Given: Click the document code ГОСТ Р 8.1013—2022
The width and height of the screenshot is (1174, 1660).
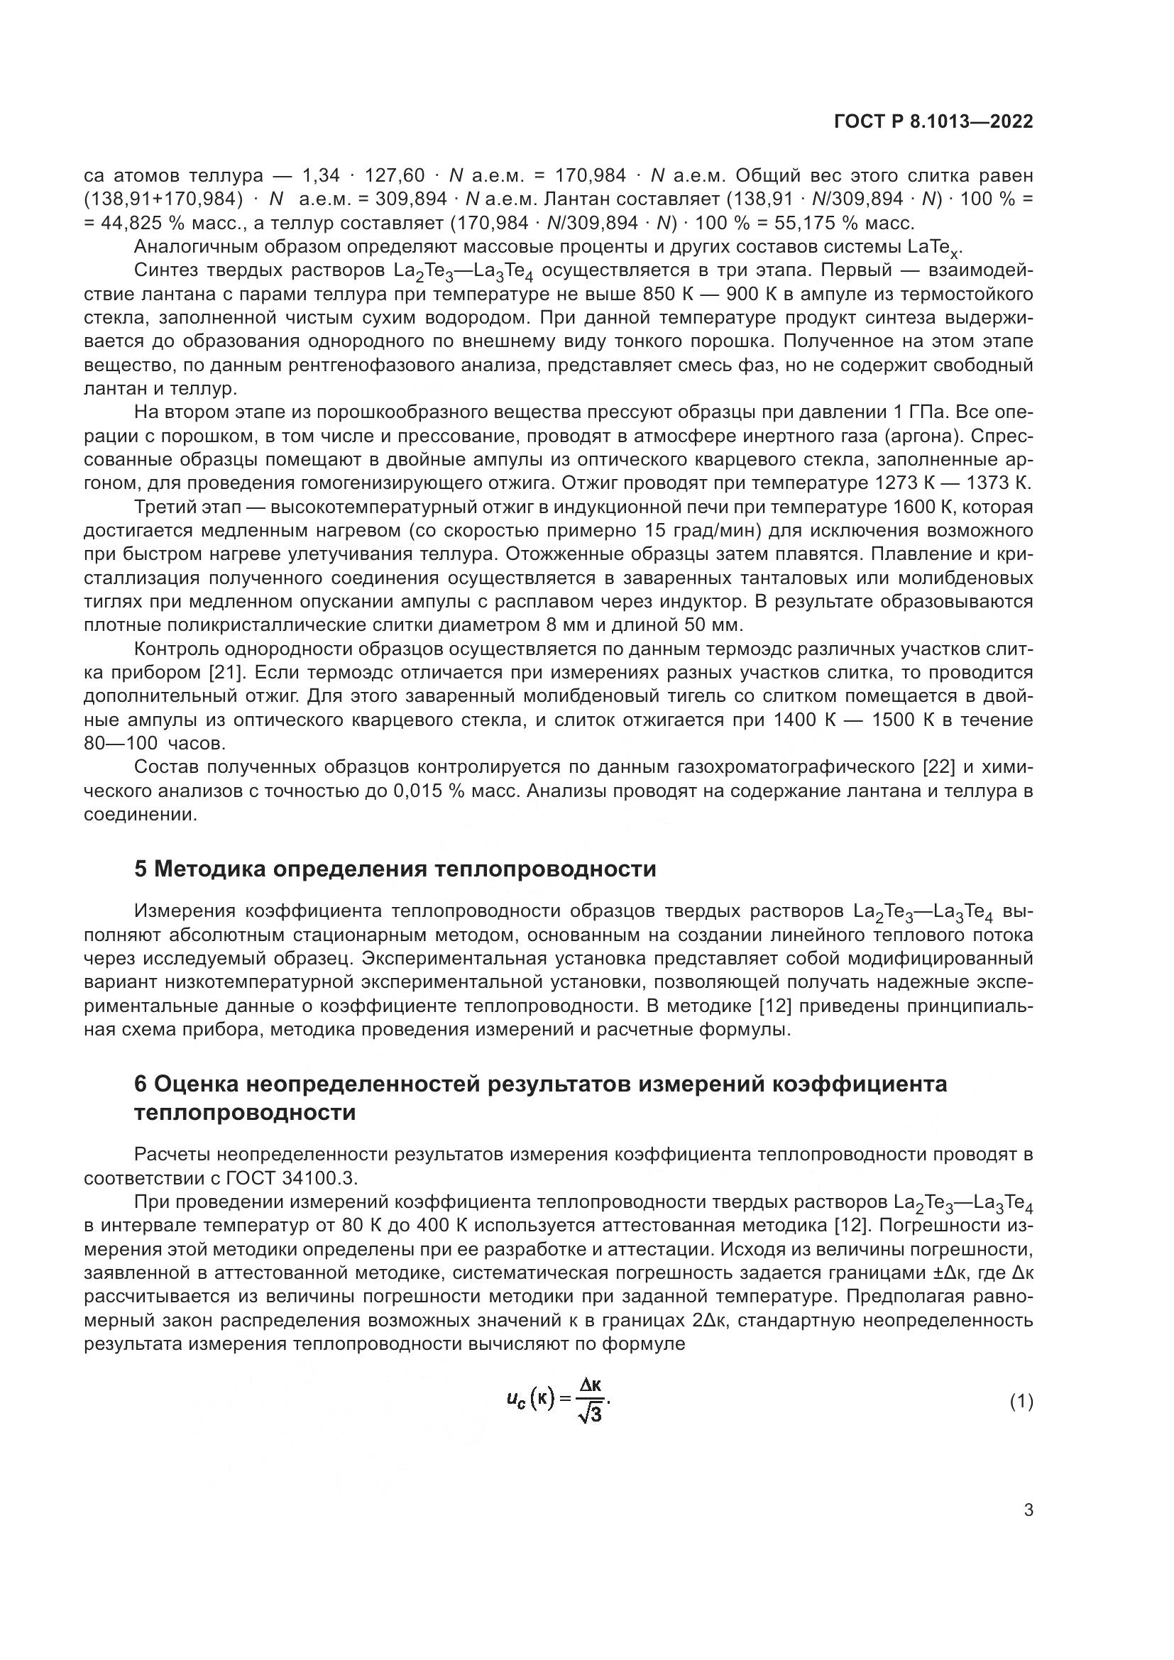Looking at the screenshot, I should click(933, 121).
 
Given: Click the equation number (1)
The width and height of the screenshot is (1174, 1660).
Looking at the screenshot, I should click(1021, 1402).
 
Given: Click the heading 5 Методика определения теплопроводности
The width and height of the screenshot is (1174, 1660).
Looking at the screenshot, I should click(395, 868).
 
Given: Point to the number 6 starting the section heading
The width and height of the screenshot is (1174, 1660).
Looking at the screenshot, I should click(141, 1084).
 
